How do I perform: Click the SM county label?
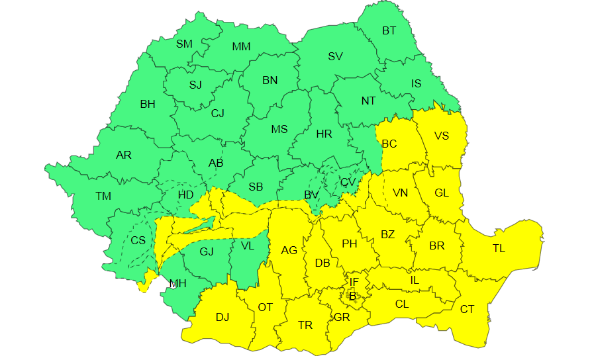184,44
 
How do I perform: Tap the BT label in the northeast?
389,30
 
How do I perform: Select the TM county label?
103,196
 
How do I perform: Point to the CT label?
467,309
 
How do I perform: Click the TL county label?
499,249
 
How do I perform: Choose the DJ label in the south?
222,317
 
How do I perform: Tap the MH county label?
177,284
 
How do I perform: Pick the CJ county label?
218,113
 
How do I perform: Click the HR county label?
324,134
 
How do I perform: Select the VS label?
441,136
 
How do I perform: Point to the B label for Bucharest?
352,296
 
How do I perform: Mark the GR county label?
342,317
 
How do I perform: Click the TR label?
305,325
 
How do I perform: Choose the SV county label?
335,56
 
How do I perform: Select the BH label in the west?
148,104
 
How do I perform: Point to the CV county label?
348,182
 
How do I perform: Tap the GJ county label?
207,251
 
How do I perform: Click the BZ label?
387,234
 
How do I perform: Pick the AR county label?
124,156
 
